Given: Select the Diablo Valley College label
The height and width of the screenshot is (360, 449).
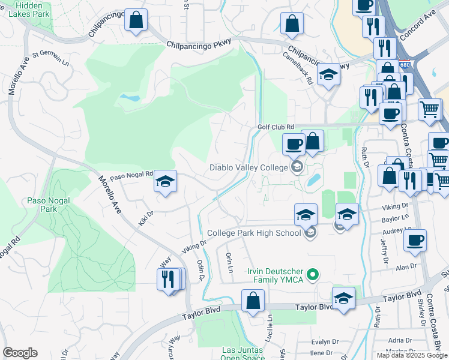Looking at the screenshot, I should [x=249, y=167].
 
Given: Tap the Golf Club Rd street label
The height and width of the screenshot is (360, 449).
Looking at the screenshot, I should [x=276, y=127].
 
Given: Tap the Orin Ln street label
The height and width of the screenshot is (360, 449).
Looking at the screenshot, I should [x=229, y=262].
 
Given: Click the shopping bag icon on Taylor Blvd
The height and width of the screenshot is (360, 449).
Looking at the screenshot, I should [x=253, y=299].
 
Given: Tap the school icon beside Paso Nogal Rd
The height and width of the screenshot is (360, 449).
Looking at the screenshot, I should [x=165, y=181].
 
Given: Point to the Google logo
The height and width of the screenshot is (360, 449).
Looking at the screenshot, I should [x=20, y=353].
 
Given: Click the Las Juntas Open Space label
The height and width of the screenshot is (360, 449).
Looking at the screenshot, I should [x=243, y=353].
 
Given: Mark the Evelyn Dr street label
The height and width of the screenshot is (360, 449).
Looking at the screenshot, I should [x=325, y=341].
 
